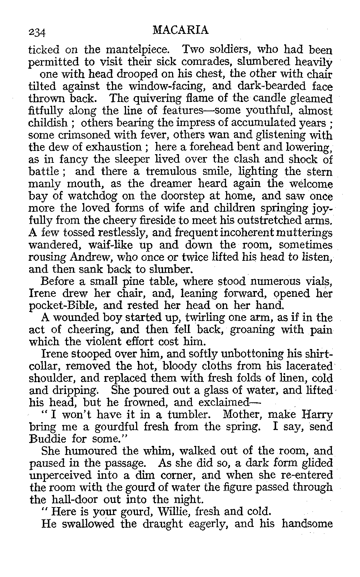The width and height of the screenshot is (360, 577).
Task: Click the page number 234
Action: tap(37, 32)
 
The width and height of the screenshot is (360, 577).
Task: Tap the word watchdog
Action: tap(91, 197)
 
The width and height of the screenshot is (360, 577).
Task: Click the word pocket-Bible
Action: tap(58, 306)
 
